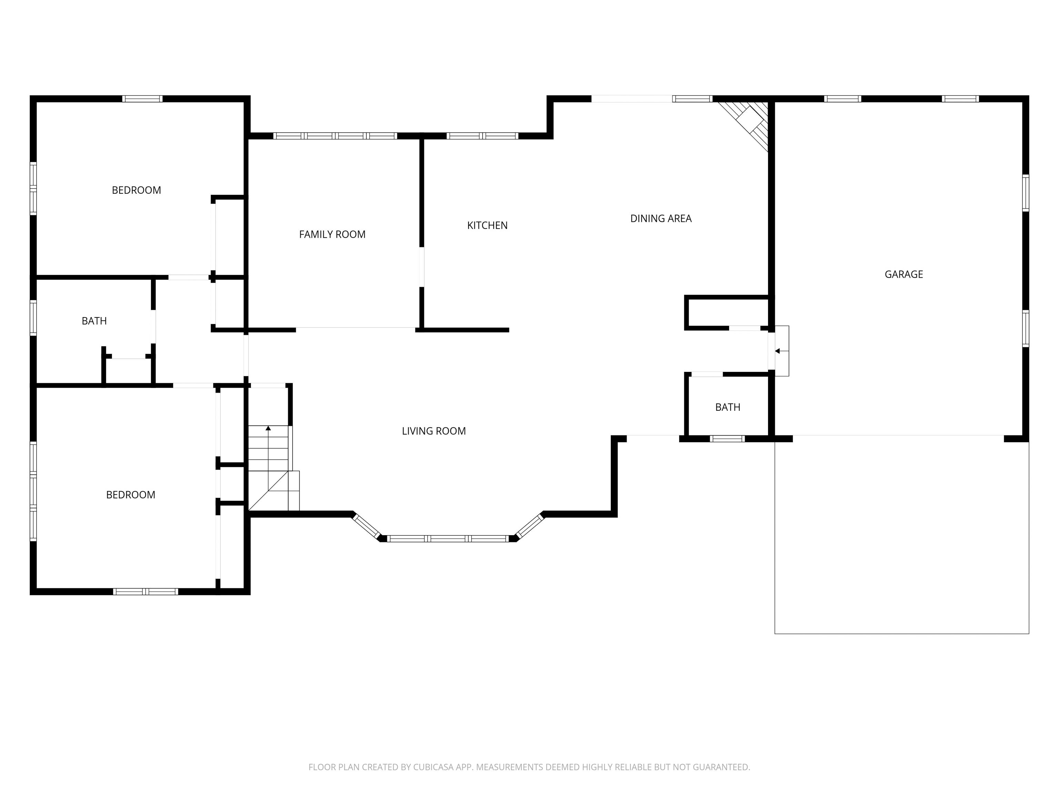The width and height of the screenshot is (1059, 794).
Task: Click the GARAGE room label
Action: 904,274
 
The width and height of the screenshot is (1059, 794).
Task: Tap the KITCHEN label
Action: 487,225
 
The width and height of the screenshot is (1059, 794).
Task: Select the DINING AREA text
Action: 661,219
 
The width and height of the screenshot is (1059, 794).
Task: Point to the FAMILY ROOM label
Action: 332,235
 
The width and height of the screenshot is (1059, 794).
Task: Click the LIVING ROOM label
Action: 434,431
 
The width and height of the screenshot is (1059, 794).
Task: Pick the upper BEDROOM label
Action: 137,191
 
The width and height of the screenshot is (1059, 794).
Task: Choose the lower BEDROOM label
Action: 131,495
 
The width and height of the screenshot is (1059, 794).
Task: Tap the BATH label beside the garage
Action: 728,407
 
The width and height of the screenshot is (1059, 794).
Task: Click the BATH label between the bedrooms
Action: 94,321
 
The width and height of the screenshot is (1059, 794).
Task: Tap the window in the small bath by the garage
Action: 727,438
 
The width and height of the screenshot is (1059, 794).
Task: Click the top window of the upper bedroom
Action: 142,99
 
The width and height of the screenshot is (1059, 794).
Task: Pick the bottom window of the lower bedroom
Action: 145,592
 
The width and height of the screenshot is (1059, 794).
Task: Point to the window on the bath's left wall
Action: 33,317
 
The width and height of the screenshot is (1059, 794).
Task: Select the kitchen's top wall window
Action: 482,136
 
